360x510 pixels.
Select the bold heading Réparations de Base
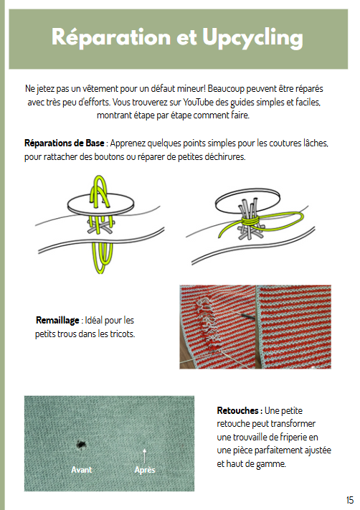pyautogui.click(x=63, y=143)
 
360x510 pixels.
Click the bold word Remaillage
pyautogui.click(x=57, y=320)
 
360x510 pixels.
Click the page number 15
pyautogui.click(x=349, y=500)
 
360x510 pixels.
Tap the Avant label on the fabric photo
pyautogui.click(x=81, y=470)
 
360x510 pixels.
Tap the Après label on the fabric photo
pyautogui.click(x=145, y=470)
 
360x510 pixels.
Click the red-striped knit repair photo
pyautogui.click(x=255, y=326)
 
